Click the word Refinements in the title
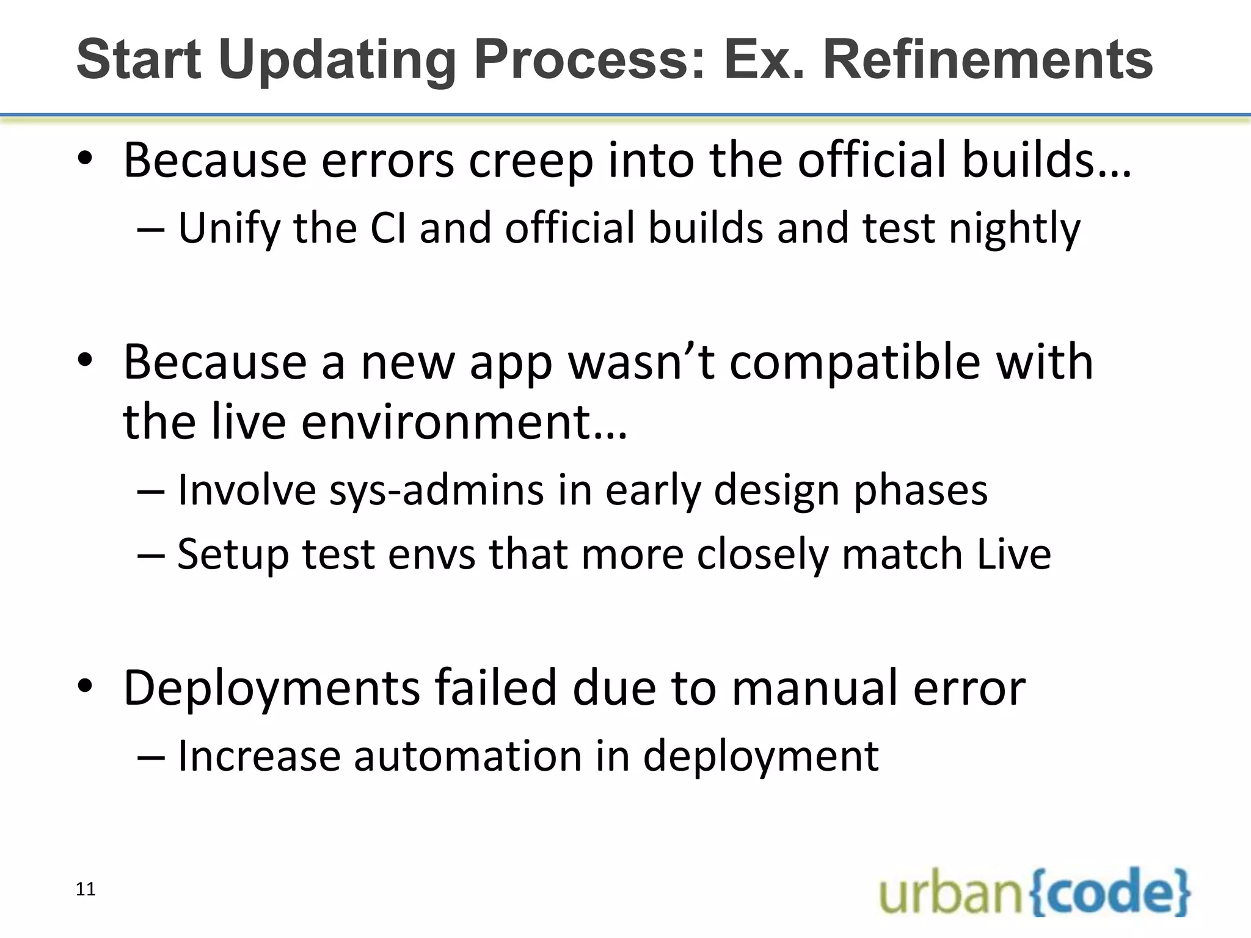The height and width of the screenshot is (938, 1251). pyautogui.click(x=988, y=59)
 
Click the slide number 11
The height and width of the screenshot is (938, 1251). pyautogui.click(x=86, y=889)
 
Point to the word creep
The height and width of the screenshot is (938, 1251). pyautogui.click(x=530, y=161)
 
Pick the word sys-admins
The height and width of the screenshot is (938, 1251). pyautogui.click(x=436, y=490)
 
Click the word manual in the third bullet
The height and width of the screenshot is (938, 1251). pyautogui.click(x=815, y=688)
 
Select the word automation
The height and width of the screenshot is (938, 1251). pyautogui.click(x=467, y=756)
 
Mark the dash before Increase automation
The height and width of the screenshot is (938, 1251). pyautogui.click(x=150, y=757)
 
